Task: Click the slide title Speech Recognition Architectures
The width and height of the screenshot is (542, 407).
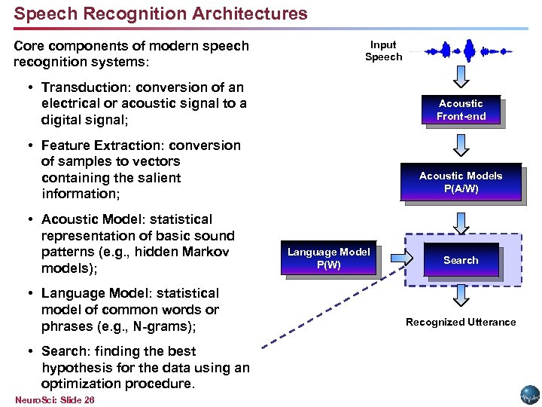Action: tap(160, 14)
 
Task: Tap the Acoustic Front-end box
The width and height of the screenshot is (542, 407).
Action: tap(461, 110)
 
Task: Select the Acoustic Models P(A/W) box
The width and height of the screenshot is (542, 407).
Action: tap(460, 182)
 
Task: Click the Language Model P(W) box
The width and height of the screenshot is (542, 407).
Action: tap(329, 259)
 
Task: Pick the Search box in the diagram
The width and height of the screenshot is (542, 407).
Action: tap(460, 260)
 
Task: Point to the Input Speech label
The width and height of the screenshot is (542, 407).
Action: tap(384, 50)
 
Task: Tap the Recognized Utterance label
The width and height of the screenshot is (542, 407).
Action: tap(461, 322)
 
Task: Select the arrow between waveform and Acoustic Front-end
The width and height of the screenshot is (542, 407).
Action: tap(461, 77)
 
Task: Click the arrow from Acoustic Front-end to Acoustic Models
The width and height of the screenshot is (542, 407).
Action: tap(461, 144)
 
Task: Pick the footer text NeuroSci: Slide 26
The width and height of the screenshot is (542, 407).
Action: tap(54, 399)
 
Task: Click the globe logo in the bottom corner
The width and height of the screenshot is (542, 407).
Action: tap(528, 395)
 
